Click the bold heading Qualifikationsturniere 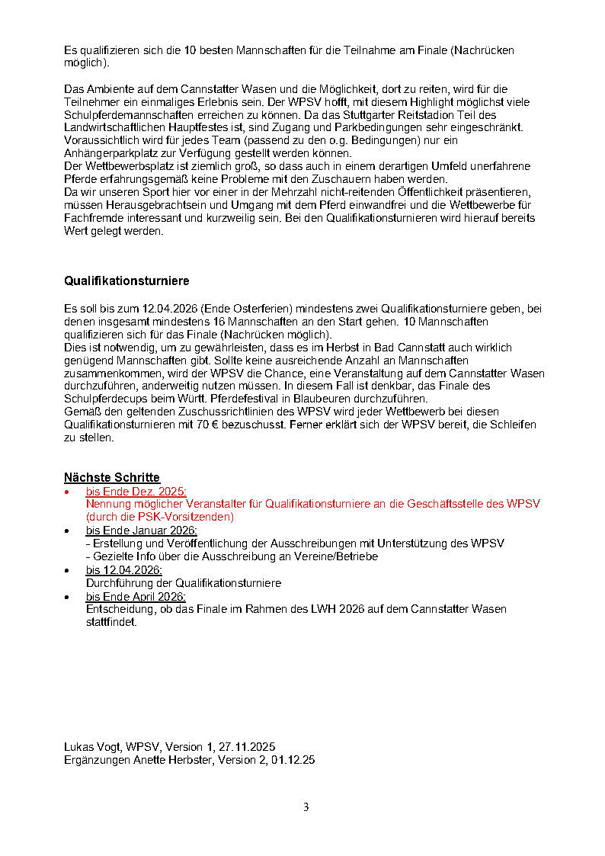(x=126, y=281)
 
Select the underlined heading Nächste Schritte (x=112, y=478)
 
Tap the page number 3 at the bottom (x=306, y=807)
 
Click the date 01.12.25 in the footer (x=293, y=760)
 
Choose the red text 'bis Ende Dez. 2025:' (x=136, y=492)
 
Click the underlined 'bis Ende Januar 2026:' (x=141, y=531)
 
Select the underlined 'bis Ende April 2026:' (x=136, y=596)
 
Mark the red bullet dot (x=68, y=492)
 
